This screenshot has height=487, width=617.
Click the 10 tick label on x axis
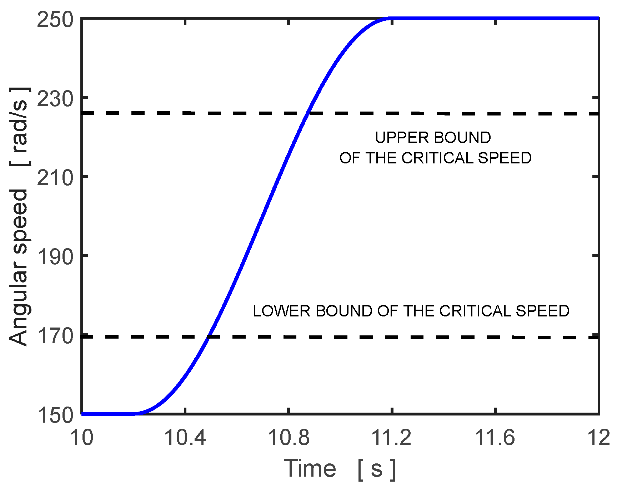[82, 437]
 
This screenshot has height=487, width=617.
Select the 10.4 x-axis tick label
[185, 437]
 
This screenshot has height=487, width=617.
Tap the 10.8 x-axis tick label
[289, 437]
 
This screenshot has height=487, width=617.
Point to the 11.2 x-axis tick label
[392, 437]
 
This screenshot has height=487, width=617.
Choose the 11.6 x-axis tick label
[495, 437]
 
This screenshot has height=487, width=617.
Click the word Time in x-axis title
[310, 468]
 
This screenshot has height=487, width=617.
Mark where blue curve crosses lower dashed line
[209, 337]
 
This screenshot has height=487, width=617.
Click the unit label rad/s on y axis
[19, 126]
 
